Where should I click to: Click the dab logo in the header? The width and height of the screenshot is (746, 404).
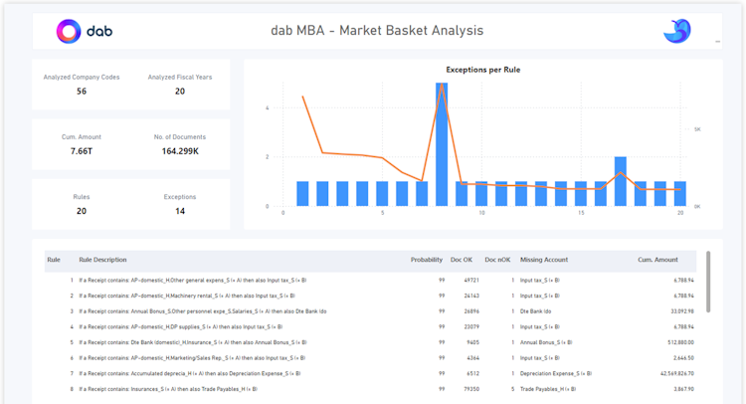click(85, 31)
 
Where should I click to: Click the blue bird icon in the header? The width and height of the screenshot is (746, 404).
click(677, 31)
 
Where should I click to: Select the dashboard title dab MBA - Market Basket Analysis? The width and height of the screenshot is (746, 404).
click(377, 30)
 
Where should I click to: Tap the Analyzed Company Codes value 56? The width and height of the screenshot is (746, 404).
click(82, 92)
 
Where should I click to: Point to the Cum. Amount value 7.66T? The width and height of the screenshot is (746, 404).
click(82, 151)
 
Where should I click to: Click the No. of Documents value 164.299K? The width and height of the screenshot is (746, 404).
click(180, 151)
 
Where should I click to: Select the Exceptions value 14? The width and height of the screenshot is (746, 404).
click(180, 211)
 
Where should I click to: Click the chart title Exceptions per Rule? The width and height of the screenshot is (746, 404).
click(482, 70)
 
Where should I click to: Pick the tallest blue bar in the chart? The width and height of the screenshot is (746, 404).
click(442, 144)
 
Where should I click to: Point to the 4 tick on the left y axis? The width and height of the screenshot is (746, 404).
click(267, 107)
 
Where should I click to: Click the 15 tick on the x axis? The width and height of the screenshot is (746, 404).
click(581, 213)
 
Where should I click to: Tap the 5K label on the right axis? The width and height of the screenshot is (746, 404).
click(697, 129)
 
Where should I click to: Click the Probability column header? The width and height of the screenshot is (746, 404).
click(427, 260)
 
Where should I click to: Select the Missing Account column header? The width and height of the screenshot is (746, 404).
click(544, 260)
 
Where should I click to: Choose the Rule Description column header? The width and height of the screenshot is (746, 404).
click(102, 260)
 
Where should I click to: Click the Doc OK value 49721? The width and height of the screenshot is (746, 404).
click(469, 281)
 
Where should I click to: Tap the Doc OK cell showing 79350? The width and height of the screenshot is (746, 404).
click(469, 389)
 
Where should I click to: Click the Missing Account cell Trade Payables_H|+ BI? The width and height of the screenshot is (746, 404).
click(547, 389)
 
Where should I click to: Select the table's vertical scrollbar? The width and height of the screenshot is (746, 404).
click(708, 282)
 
